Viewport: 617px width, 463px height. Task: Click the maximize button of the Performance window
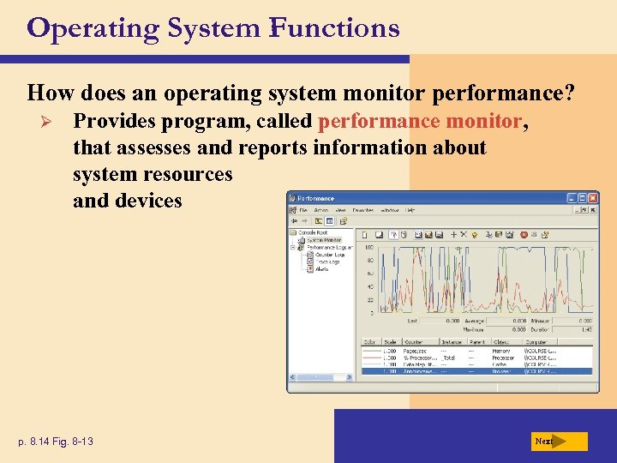tap(578, 197)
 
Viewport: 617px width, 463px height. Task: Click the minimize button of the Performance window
tap(568, 197)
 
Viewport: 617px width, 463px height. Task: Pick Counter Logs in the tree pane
tap(330, 255)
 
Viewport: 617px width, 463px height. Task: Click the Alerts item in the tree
tap(322, 268)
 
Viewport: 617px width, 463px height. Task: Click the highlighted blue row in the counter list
tap(475, 370)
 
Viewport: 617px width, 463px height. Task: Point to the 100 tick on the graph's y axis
tap(369, 247)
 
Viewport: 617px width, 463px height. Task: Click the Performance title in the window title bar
tap(317, 198)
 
